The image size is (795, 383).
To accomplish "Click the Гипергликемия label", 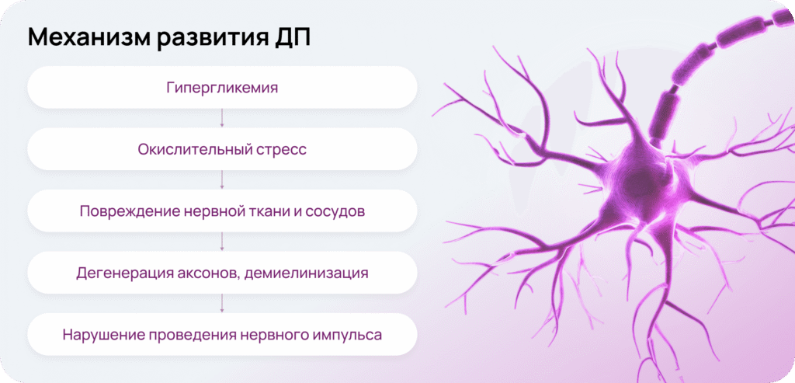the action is coord(222,88).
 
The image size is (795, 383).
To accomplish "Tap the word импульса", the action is coord(352,336).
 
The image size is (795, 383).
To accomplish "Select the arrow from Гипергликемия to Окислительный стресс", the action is coord(222,117).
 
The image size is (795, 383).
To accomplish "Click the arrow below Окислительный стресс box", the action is coord(222,179).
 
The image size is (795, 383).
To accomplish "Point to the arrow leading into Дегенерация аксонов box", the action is coord(222,242).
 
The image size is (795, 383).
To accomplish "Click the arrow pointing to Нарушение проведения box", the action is coord(222,303).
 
